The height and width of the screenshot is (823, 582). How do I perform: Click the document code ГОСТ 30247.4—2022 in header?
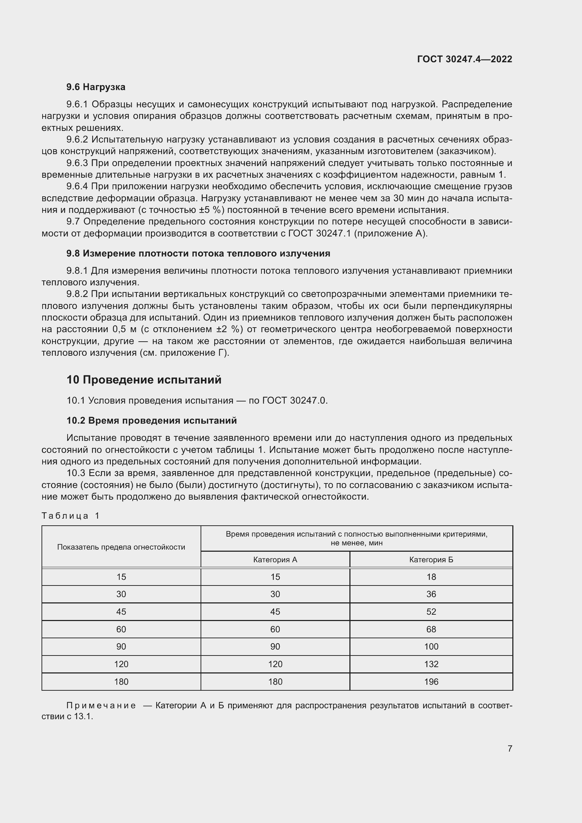[x=464, y=59]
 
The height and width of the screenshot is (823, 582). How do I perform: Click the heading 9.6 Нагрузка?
[x=96, y=87]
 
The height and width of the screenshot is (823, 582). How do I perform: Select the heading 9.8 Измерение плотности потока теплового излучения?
[x=198, y=253]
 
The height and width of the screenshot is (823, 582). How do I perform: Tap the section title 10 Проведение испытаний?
[x=144, y=380]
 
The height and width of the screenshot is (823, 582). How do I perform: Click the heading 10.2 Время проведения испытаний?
[x=152, y=420]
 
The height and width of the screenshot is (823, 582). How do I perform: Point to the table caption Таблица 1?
[x=71, y=515]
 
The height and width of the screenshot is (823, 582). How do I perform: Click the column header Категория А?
[x=275, y=559]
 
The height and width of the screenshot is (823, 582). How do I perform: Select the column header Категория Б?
[x=431, y=559]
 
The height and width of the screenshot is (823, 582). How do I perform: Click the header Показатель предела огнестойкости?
[x=121, y=547]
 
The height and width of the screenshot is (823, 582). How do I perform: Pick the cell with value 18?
[x=431, y=577]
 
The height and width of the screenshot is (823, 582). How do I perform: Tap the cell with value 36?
[x=431, y=594]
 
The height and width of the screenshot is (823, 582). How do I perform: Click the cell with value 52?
[x=431, y=612]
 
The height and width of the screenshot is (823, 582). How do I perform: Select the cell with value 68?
[x=431, y=629]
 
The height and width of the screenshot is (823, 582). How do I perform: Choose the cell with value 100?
[x=431, y=646]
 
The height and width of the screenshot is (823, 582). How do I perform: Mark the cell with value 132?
[x=431, y=664]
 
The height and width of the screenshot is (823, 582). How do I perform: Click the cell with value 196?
[x=431, y=682]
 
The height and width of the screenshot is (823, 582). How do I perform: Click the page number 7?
[x=510, y=748]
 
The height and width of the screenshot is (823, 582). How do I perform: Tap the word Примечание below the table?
[x=101, y=705]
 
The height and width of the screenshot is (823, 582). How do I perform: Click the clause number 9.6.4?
[x=77, y=186]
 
